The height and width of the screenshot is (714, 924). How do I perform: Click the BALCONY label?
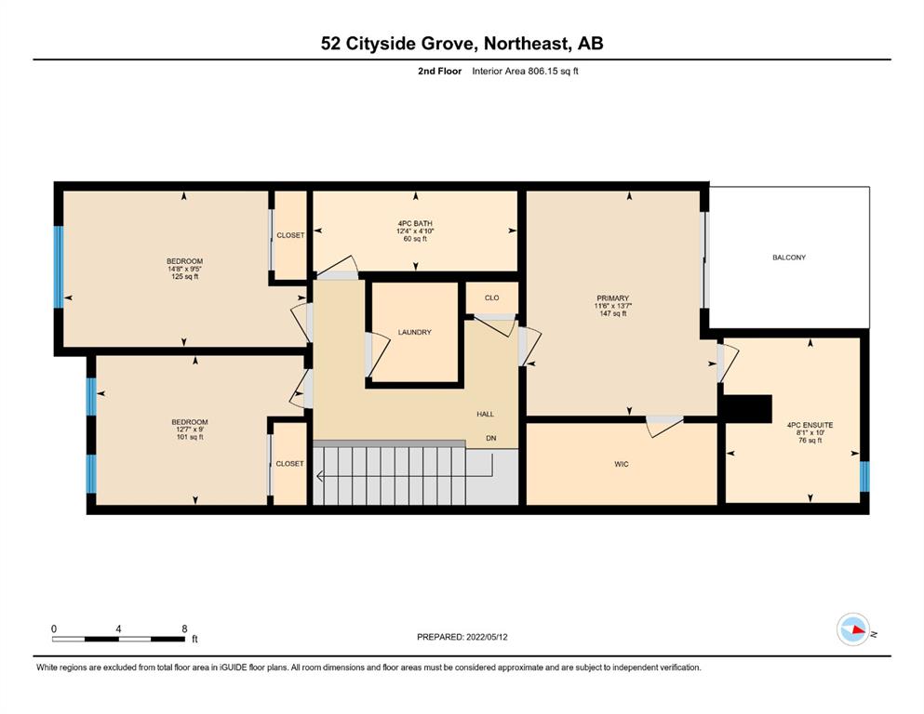[788, 258]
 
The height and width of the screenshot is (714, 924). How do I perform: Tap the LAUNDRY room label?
[414, 332]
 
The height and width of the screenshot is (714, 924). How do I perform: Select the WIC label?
[621, 464]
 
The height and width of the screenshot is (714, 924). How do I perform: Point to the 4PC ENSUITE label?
[810, 424]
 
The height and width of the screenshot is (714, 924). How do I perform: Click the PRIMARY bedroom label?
[613, 297]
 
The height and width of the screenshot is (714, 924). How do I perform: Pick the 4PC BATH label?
[415, 223]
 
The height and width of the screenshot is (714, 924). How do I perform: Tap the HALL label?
[485, 414]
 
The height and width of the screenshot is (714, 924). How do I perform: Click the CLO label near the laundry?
[491, 297]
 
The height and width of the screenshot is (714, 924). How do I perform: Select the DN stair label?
[491, 438]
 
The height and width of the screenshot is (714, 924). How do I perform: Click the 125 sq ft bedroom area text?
[184, 277]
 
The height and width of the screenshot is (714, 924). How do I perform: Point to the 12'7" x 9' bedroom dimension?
[190, 430]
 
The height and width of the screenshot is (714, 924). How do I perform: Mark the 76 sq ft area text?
[810, 440]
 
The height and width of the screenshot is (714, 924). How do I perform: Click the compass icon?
[853, 629]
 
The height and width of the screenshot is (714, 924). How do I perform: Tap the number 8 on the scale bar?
[184, 628]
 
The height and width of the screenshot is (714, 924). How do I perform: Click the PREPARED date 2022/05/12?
[487, 637]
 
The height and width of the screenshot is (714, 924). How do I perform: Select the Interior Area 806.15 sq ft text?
[525, 72]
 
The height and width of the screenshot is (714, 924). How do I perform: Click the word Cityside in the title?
[381, 44]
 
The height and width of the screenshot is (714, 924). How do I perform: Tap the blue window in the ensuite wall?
[864, 476]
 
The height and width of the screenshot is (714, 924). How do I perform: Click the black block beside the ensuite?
[748, 408]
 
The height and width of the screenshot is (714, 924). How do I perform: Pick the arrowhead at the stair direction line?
[320, 476]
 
